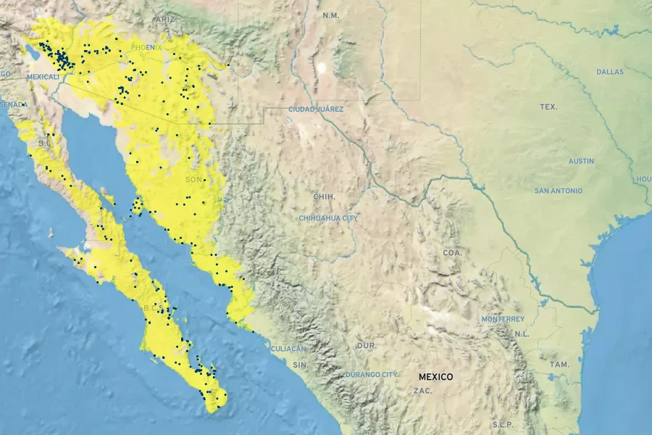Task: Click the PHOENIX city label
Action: click(147, 47)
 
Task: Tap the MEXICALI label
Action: click(43, 76)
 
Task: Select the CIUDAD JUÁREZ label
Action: click(316, 109)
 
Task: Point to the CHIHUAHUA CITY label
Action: click(328, 217)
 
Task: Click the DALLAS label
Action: click(610, 72)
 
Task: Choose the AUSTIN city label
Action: click(581, 161)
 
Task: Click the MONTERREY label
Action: click(503, 319)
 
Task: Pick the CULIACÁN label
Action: click(288, 349)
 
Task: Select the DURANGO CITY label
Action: click(372, 374)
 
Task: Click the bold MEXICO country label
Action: click(435, 377)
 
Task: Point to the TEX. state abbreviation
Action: click(548, 107)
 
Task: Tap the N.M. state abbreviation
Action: click(331, 15)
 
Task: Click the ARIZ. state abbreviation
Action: click(165, 20)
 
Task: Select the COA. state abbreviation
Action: click(452, 252)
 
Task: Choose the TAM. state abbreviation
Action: click(559, 365)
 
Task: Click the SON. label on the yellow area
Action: click(194, 179)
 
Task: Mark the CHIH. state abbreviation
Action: click(324, 196)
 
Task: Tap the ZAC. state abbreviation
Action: click(422, 391)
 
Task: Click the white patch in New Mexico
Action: click(321, 67)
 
